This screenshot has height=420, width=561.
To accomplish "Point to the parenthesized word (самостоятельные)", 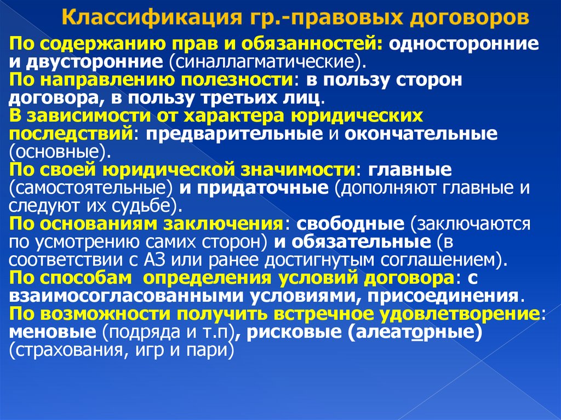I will click(91, 188).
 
